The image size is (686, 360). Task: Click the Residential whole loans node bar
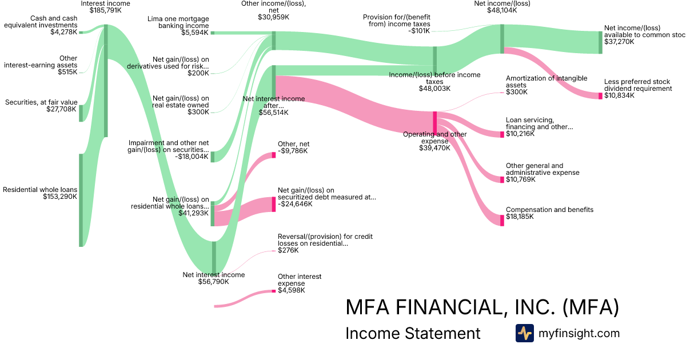(81, 200)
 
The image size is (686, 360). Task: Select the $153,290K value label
(60, 197)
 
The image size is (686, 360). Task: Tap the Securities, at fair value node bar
(81, 113)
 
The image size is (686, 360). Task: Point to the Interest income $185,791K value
(105, 10)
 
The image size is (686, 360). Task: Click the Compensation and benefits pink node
(502, 220)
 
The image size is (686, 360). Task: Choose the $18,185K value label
(520, 217)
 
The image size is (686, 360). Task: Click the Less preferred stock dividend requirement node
(600, 96)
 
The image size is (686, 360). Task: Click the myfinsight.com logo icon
(524, 333)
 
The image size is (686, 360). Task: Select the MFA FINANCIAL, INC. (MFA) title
(482, 307)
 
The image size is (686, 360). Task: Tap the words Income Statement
(413, 333)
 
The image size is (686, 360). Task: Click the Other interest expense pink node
(274, 292)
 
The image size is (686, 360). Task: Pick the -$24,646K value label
(295, 204)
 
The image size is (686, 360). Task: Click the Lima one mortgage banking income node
(213, 33)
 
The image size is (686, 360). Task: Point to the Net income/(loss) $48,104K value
(502, 10)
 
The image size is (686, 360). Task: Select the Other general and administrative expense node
(502, 179)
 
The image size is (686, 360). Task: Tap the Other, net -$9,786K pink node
(274, 155)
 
